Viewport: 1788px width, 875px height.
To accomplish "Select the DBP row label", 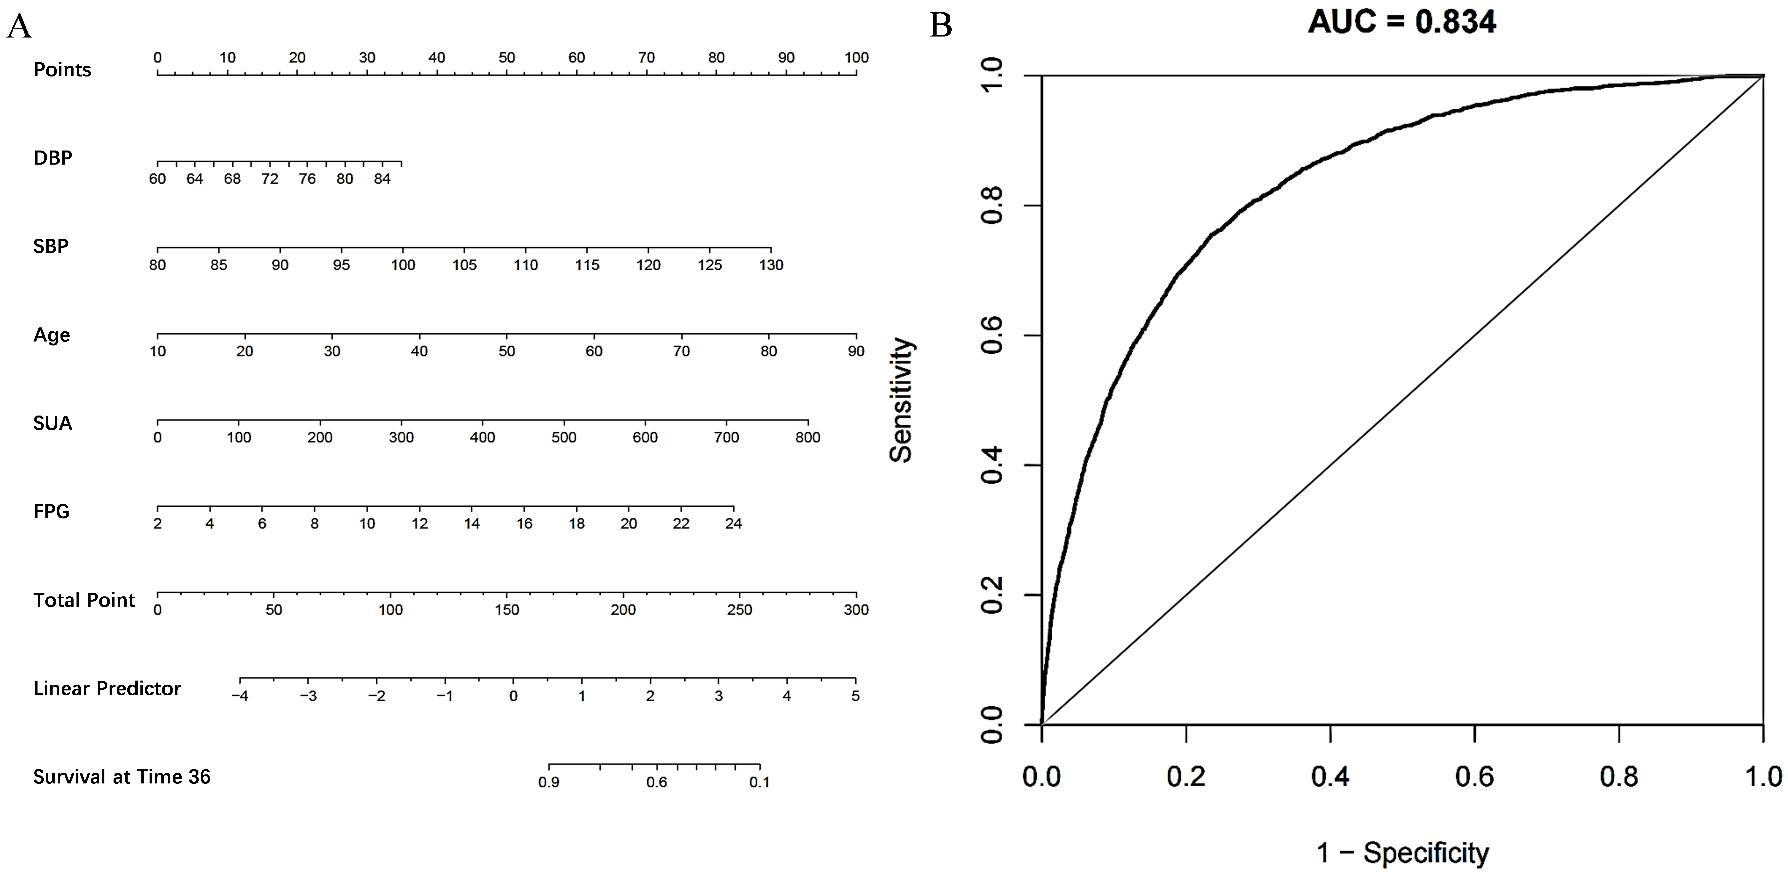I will click(53, 158).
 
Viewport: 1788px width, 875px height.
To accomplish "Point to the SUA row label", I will click(53, 423).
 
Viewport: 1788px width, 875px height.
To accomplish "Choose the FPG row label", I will click(51, 511).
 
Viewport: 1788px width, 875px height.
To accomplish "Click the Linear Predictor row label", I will click(107, 688).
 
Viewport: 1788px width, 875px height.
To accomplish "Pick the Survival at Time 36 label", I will click(121, 777).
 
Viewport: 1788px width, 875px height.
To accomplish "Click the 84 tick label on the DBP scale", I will click(382, 179).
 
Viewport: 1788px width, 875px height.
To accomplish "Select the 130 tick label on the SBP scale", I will click(770, 265).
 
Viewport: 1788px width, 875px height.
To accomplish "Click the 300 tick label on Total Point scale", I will click(856, 610).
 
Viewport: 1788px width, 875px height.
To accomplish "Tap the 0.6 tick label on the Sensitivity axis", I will click(991, 336).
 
